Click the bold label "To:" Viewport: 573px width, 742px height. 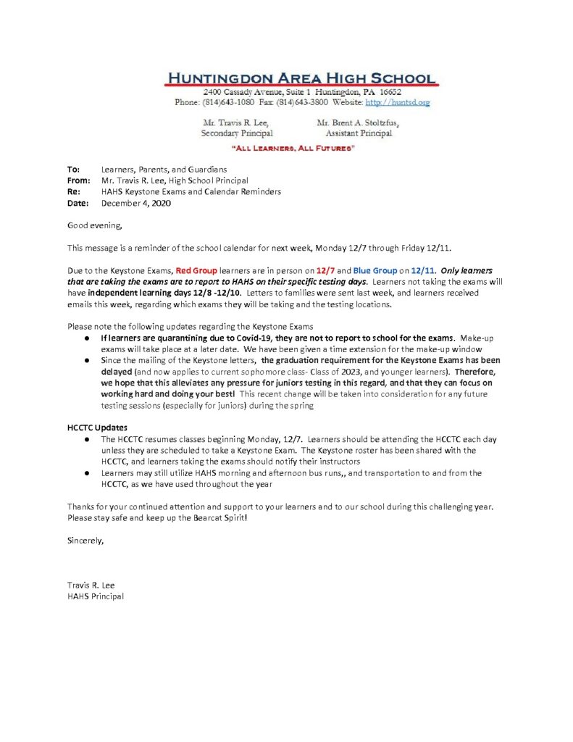[73, 169]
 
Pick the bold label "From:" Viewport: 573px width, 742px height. [78, 180]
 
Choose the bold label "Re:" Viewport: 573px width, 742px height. [73, 192]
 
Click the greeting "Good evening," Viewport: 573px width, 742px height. [91, 226]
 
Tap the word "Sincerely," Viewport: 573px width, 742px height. [85, 540]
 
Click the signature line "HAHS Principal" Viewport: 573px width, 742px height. [95, 596]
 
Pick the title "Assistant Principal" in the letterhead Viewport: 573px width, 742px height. [359, 134]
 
